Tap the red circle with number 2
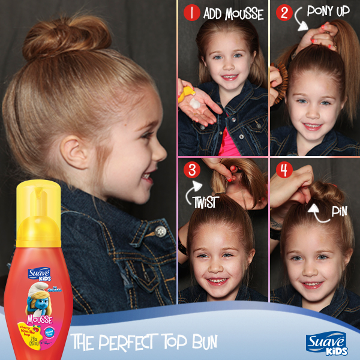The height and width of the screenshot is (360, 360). tap(284, 13)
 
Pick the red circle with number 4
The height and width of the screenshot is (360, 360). tap(284, 170)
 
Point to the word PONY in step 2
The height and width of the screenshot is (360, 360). tap(320, 11)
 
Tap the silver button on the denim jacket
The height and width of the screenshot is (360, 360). tap(160, 231)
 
